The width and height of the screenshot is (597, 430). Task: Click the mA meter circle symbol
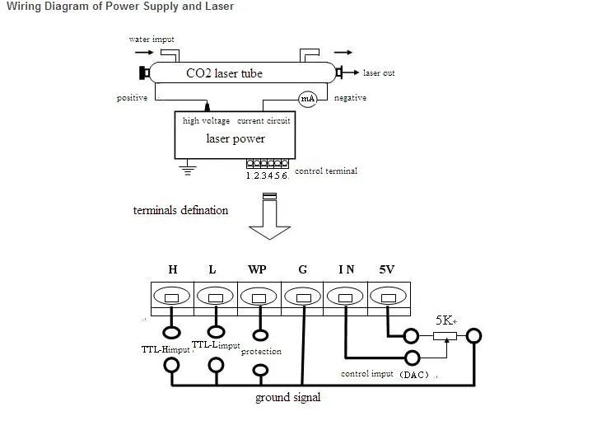tap(306, 99)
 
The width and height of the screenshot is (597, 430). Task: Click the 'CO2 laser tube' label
tap(224, 73)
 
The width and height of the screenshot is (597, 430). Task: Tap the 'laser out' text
tap(379, 73)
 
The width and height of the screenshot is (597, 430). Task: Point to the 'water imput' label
tap(152, 40)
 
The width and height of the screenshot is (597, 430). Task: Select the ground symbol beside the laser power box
tap(188, 170)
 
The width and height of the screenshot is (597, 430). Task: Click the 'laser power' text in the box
tap(236, 138)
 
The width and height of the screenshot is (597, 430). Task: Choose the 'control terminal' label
tap(326, 171)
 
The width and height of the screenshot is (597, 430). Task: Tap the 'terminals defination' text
tap(180, 210)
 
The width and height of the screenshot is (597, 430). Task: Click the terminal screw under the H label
tap(172, 296)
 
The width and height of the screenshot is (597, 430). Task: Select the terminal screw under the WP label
tap(259, 296)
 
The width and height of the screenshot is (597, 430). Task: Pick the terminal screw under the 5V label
tap(386, 296)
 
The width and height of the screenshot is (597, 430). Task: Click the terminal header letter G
tap(304, 269)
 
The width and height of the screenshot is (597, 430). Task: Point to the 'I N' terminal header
tap(346, 269)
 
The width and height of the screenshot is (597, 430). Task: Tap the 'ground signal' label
tap(287, 398)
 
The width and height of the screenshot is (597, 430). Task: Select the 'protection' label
tap(261, 352)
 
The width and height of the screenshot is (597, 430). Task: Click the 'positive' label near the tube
tap(132, 99)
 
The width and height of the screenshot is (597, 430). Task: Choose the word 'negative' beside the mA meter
tap(350, 99)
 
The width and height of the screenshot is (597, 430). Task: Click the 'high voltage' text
tap(207, 121)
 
